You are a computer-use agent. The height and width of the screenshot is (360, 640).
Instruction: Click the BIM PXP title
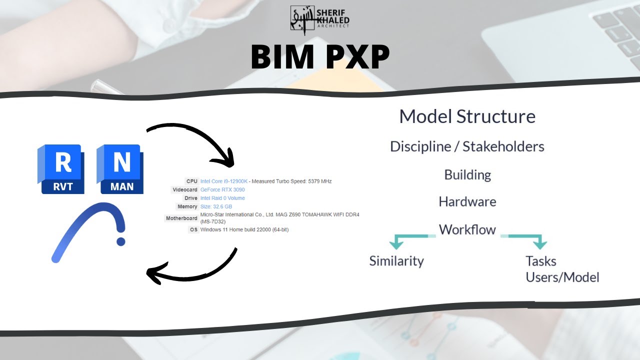(x=320, y=57)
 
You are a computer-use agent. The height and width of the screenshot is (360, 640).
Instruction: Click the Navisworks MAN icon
(x=120, y=169)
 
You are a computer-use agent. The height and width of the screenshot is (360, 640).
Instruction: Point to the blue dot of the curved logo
(x=120, y=241)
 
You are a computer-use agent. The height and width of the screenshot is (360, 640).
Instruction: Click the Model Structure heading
(x=467, y=116)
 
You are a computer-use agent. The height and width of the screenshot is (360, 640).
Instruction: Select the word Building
(x=467, y=175)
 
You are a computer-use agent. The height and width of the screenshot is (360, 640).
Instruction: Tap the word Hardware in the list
(x=467, y=202)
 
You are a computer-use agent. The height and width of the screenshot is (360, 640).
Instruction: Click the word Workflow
(x=467, y=230)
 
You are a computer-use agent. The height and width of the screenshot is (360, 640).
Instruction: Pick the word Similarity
(x=396, y=261)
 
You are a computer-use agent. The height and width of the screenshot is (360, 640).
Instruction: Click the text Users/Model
(x=562, y=277)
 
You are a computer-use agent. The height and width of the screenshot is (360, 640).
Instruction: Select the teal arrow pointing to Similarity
(x=396, y=243)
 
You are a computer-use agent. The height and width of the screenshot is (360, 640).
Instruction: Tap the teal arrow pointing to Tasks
(x=539, y=243)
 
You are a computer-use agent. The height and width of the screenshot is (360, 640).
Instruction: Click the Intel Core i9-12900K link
(x=223, y=181)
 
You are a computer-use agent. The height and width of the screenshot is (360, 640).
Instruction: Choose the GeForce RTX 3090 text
(x=222, y=189)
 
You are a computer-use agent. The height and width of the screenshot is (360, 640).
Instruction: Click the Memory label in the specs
(x=187, y=206)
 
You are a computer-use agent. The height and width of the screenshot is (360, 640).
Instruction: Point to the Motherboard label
(x=181, y=218)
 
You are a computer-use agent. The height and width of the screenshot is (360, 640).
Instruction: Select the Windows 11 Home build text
(x=244, y=229)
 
